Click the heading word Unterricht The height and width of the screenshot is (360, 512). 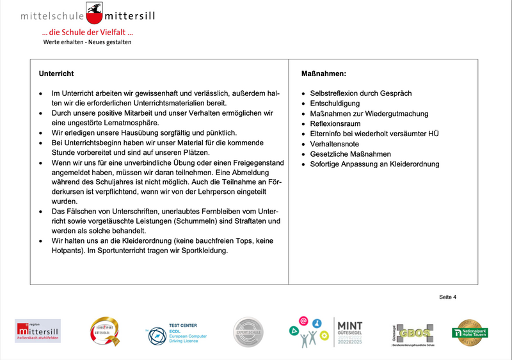click(x=56, y=74)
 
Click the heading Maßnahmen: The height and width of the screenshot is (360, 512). click(x=323, y=74)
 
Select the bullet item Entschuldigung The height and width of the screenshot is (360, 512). click(x=335, y=104)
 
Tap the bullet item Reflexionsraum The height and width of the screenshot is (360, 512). click(x=335, y=123)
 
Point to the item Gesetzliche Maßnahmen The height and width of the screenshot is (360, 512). click(x=350, y=154)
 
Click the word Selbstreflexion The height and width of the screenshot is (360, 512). click(x=334, y=93)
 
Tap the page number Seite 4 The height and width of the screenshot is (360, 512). click(x=447, y=297)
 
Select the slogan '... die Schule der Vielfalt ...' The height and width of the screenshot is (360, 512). click(x=87, y=33)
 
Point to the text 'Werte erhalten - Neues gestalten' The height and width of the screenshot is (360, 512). click(x=87, y=42)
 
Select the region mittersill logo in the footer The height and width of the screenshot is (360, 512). click(x=38, y=331)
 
